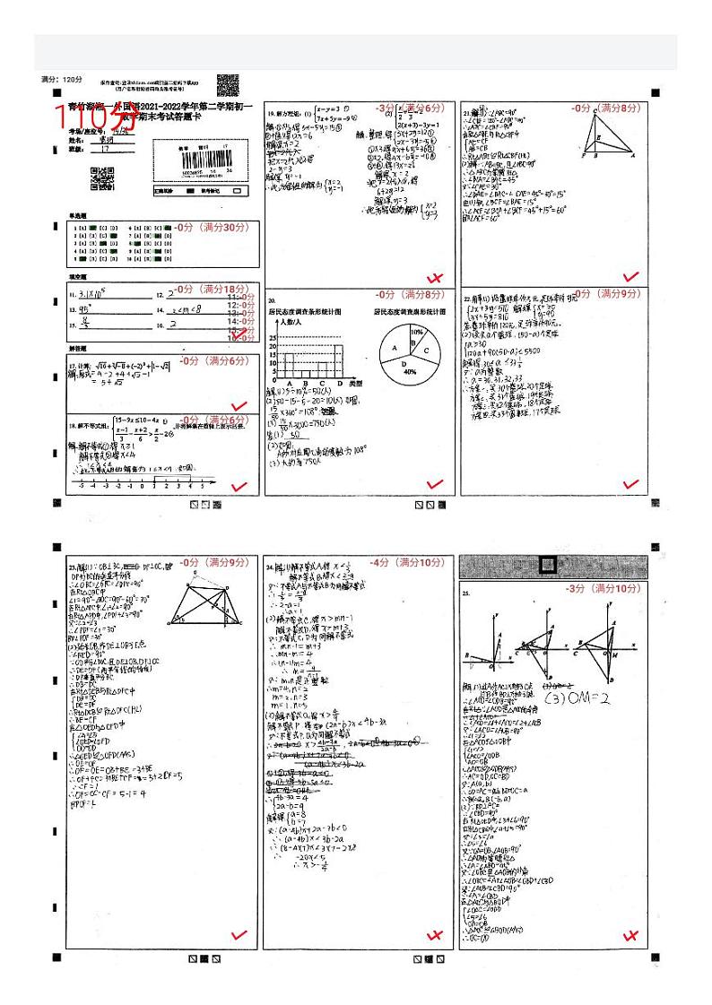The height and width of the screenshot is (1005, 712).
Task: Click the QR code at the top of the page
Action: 228,84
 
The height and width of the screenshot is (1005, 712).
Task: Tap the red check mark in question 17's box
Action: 239,406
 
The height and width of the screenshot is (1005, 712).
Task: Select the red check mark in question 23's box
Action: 239,935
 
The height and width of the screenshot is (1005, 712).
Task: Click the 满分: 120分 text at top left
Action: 61,80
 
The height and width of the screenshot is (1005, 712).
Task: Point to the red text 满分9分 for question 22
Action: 620,293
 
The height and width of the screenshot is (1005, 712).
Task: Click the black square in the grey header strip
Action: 547,566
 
